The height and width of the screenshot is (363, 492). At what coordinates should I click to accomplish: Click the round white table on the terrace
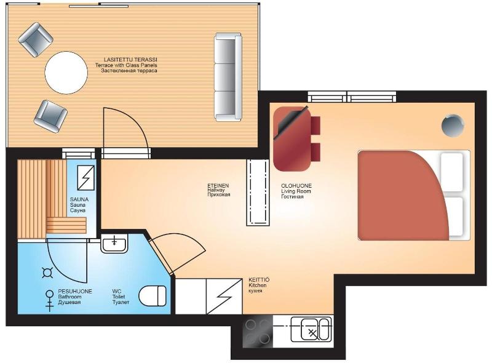coord(66,73)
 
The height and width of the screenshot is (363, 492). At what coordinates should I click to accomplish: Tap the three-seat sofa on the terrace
coord(228,77)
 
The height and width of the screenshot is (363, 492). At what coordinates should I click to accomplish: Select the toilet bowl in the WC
coord(153,296)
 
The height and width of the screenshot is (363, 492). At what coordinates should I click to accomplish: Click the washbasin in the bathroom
coord(114,243)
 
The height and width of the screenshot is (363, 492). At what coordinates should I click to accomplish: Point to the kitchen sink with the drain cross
coord(311,329)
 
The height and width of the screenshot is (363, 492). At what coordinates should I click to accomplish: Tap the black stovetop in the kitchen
coord(258,331)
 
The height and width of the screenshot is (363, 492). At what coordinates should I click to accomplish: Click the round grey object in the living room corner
coord(453,126)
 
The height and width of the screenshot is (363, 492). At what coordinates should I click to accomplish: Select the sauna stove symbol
coord(85,178)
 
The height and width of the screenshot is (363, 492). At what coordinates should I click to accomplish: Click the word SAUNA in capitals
coord(79,199)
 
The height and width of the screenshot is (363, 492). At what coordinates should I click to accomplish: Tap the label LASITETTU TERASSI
coord(130,60)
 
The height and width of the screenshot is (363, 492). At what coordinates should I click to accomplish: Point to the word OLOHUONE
coord(296,186)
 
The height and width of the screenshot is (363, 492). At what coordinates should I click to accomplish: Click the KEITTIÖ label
coord(259,280)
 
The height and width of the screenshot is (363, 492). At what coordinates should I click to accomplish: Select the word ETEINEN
coord(218,186)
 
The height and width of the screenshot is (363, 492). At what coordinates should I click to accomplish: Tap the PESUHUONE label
coord(75,292)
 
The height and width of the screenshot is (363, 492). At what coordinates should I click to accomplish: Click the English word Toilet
coord(119,297)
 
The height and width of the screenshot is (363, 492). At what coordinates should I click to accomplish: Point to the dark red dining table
coord(292,139)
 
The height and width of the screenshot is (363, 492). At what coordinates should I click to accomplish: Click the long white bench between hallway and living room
coord(258,193)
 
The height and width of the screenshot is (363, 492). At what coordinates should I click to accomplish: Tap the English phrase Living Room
coord(296,191)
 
